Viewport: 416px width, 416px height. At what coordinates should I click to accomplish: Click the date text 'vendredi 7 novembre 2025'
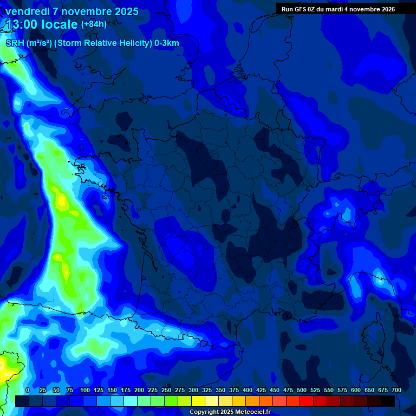point(72,11)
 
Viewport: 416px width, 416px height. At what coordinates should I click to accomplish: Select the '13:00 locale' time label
point(42,24)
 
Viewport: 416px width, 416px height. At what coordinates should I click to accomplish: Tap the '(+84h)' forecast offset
point(94,24)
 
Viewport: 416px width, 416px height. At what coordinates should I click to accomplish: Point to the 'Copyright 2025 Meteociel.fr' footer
point(230,412)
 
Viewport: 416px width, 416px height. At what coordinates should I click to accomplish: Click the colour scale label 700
point(396,390)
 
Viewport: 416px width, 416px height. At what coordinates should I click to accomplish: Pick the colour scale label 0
point(28,390)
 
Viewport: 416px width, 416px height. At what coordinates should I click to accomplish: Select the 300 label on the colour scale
point(193,390)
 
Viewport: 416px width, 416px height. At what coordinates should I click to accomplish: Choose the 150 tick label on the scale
point(112,390)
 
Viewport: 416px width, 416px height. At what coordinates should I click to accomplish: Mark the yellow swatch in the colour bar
point(198,401)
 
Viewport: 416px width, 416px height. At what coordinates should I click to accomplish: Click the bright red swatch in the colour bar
point(307,401)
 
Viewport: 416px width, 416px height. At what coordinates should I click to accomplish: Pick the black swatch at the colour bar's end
point(388,401)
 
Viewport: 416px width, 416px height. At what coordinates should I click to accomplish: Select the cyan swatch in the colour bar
point(131,401)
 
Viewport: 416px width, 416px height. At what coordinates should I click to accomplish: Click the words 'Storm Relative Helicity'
point(101,43)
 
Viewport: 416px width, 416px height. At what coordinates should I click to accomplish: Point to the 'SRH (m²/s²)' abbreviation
point(28,43)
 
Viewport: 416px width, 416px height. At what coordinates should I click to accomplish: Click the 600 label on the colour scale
point(356,390)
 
